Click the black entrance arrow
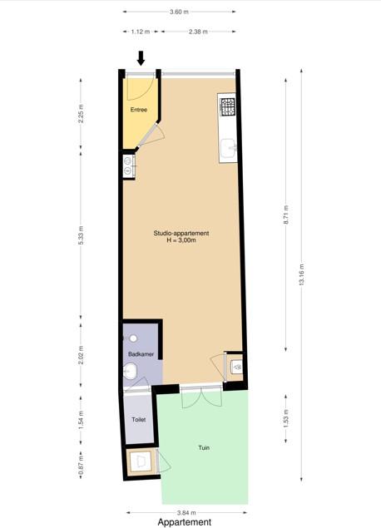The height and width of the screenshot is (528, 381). pos(141,58)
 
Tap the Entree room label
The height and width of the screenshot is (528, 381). pos(139,110)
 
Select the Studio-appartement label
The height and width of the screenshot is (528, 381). pos(181,233)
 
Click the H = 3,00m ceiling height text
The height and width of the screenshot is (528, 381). pos(181,240)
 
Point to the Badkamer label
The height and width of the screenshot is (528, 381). pos(141,354)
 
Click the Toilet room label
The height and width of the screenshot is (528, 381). pos(139,420)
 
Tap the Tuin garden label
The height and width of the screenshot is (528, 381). pos(204,447)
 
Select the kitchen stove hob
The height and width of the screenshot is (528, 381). pos(227,106)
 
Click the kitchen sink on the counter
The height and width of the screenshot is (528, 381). pos(229,149)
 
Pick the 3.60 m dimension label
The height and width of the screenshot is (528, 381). pos(179,12)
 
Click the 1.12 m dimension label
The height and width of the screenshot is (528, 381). pos(141,32)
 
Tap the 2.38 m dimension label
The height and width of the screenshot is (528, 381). pos(198,32)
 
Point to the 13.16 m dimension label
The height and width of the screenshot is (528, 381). pos(301,274)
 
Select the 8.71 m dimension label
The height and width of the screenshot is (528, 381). pos(286,215)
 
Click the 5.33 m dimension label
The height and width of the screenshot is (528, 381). pos(81,235)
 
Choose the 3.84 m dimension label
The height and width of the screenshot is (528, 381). pos(186,513)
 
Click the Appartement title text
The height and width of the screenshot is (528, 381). pos(185,522)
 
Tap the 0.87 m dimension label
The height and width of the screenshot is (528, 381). pos(81,466)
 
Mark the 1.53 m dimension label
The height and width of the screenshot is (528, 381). pos(286,418)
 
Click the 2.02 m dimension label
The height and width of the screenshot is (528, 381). pos(81,355)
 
